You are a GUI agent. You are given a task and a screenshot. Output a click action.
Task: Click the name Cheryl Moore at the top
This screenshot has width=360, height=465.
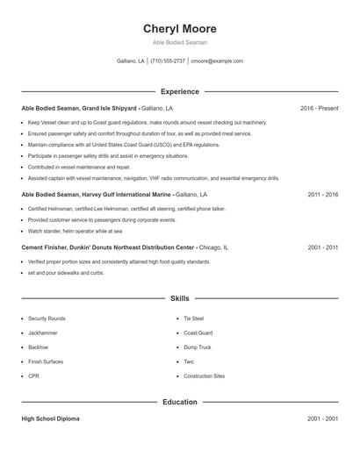[179, 28]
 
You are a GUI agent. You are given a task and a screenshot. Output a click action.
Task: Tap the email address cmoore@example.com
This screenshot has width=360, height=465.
[217, 61]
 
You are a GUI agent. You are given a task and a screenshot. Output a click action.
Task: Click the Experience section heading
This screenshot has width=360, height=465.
[179, 91]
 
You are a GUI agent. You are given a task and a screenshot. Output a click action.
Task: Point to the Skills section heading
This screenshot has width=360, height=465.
[179, 299]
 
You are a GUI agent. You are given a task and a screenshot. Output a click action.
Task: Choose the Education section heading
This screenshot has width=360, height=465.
[179, 402]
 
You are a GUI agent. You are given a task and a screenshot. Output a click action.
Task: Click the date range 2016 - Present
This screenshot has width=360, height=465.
[319, 108]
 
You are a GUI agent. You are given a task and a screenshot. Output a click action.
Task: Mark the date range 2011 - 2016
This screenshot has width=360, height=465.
[322, 194]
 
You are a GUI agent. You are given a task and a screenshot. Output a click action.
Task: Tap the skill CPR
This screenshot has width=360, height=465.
[34, 376]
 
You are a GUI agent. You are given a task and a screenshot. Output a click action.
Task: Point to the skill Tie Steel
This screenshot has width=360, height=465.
[194, 318]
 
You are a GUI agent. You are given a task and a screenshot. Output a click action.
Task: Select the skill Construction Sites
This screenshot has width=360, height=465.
[205, 376]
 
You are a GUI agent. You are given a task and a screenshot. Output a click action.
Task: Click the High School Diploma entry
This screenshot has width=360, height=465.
[51, 419]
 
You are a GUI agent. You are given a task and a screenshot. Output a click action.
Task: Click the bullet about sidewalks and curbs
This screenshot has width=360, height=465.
[66, 272]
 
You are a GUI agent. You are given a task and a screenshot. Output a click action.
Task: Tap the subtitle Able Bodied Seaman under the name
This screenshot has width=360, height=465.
[179, 42]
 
